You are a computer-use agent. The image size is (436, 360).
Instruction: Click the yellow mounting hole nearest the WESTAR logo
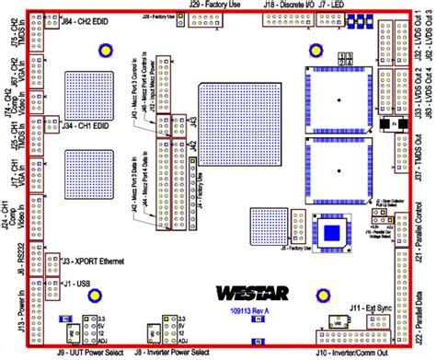point(324,294)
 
